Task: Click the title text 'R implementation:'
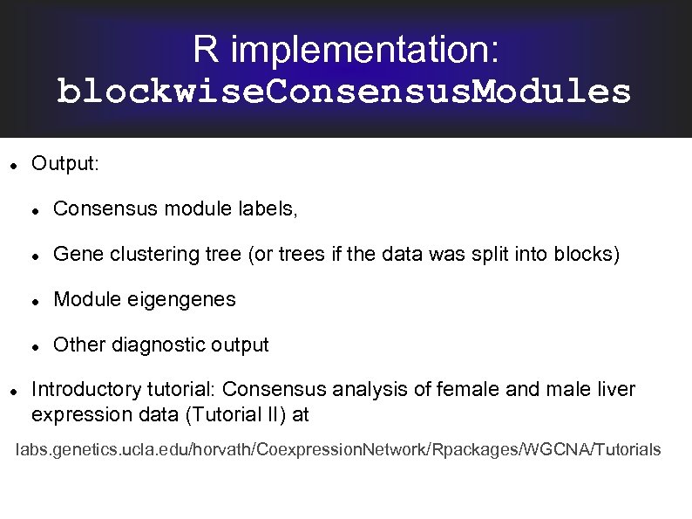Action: tap(346, 49)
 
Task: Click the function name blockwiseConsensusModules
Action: tap(344, 92)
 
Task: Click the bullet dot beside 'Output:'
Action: tap(10, 164)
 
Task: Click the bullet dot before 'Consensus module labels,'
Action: tap(33, 209)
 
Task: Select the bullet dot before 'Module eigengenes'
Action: tap(33, 300)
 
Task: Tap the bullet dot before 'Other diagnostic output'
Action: tap(33, 345)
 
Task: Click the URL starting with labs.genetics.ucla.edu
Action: tap(339, 450)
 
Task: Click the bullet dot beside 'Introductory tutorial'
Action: tap(10, 390)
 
